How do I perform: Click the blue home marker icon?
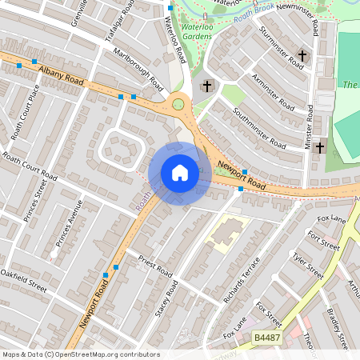tap(180, 173)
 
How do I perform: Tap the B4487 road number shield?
tap(267, 340)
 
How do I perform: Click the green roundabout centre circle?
tap(178, 103)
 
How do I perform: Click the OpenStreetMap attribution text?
tap(81, 354)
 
